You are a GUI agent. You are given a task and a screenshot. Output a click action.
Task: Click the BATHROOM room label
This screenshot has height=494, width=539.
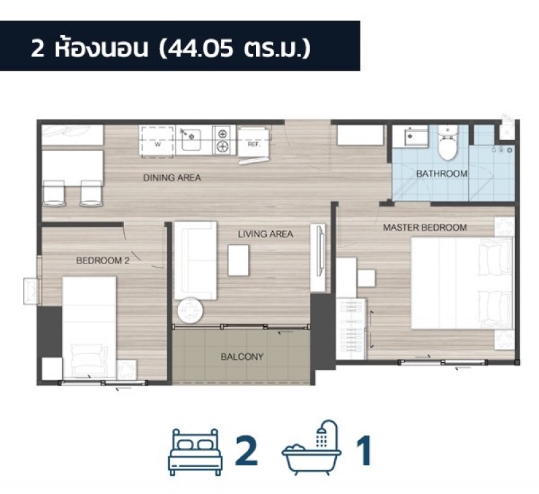click(x=442, y=174)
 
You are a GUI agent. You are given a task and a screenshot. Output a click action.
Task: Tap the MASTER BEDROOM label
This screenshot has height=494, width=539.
click(x=425, y=227)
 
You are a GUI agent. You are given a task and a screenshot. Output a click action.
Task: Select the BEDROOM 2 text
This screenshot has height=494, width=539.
click(x=103, y=261)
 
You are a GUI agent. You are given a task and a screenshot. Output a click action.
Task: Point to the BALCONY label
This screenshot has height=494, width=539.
click(x=242, y=357)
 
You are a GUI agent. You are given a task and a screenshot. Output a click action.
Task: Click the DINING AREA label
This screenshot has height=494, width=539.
click(x=172, y=178)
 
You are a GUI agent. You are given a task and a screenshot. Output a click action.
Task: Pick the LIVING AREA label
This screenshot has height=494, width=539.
click(x=265, y=234)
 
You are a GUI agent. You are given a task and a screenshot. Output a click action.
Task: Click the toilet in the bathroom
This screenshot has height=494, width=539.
click(x=448, y=142)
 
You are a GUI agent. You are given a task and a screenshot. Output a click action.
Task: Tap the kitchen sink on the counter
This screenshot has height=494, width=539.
click(x=191, y=140)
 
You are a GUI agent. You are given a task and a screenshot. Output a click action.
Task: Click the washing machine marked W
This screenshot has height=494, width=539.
click(x=157, y=142)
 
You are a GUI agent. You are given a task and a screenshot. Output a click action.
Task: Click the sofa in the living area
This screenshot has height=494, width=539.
click(x=195, y=261)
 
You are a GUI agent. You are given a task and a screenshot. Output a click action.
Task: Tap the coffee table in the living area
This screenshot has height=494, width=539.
click(x=239, y=260)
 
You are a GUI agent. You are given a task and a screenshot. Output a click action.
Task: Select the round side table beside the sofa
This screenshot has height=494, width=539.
click(x=190, y=310)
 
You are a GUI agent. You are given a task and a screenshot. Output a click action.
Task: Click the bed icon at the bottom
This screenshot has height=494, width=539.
click(x=195, y=452)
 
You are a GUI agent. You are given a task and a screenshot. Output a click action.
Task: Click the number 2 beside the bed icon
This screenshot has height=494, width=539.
click(x=246, y=450)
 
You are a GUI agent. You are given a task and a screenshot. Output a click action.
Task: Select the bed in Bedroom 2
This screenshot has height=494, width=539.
click(x=89, y=328)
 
